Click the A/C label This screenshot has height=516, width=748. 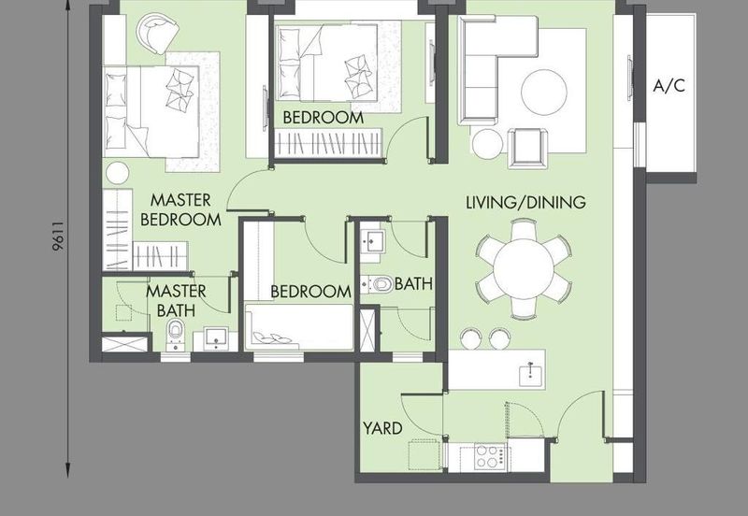point(669,86)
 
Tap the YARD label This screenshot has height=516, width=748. point(382,428)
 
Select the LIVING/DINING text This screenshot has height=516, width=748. point(525,202)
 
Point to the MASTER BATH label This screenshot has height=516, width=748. point(176,300)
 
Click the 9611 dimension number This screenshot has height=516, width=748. point(58,236)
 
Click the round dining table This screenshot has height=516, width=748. point(524,267)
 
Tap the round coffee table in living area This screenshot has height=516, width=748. point(544,92)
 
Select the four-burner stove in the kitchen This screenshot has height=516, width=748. point(490,456)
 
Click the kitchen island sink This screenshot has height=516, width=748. point(531,373)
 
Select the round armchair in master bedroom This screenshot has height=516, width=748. point(157,33)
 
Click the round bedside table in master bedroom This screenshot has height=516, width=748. point(118,173)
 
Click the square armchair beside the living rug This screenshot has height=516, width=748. point(528,149)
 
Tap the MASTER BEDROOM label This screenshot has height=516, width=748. point(180,209)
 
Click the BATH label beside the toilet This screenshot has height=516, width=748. point(413,284)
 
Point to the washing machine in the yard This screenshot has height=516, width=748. point(424,455)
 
